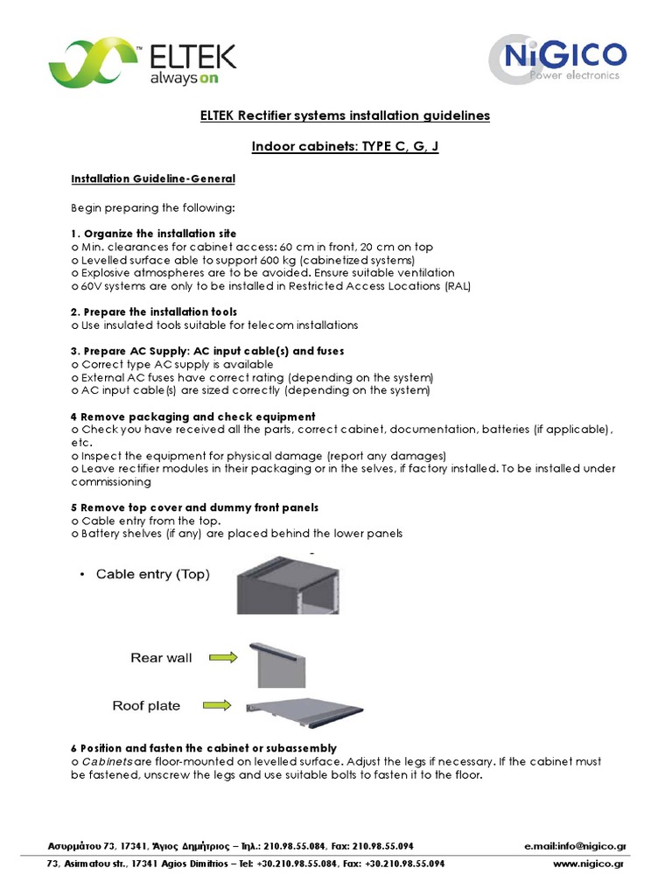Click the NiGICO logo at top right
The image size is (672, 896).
[556, 59]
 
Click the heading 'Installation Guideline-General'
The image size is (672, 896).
[152, 178]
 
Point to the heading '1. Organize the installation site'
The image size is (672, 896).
[154, 234]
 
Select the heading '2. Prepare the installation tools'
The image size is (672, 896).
[154, 311]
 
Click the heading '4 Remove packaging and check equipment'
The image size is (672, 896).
[192, 416]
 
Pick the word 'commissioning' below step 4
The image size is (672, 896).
[110, 481]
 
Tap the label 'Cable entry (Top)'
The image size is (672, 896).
[152, 574]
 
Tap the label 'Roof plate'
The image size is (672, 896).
[146, 705]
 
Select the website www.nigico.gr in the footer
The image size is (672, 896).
[589, 863]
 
